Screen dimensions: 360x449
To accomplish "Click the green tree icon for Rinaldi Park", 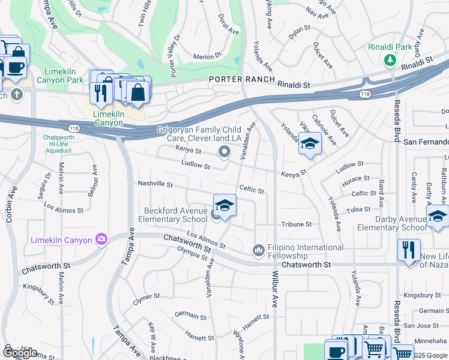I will coord(390,59).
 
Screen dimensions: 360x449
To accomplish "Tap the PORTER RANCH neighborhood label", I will coord(242,80).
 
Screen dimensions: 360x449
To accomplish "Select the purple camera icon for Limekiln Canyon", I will coord(101,240).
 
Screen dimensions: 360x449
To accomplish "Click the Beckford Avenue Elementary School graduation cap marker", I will coord(224,205).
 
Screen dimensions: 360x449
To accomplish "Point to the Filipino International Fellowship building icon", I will coord(259,249).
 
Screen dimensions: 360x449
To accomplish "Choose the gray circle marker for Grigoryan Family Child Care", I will coord(224,152).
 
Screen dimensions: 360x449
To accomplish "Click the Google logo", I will coord(20,352).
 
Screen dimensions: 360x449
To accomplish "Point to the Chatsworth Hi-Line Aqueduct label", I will coord(58,144).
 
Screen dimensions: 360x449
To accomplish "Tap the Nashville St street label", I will coord(155,184).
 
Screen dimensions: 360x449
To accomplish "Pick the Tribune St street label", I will coord(297,224).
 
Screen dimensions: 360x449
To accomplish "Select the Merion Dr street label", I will coord(208,57).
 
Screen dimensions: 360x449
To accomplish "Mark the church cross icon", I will coord(16,94).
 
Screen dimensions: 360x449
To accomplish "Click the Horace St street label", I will coord(355,179).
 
